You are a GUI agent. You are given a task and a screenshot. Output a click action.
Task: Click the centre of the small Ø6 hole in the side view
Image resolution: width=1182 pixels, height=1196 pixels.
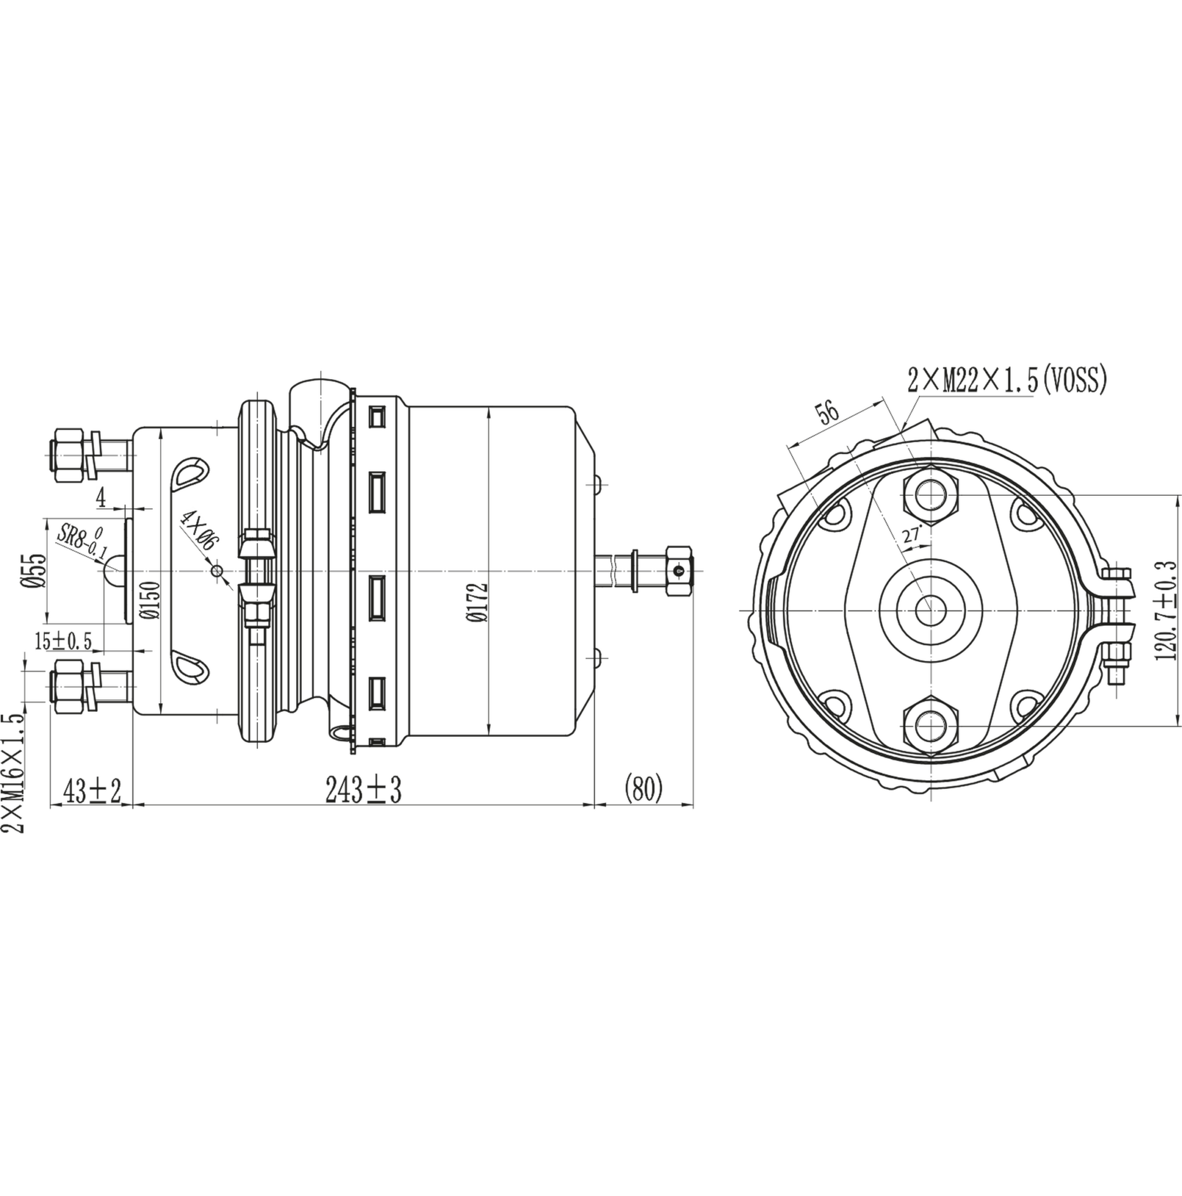(216, 571)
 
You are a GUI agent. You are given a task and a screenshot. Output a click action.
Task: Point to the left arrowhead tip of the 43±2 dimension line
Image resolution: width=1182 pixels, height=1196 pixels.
(50, 805)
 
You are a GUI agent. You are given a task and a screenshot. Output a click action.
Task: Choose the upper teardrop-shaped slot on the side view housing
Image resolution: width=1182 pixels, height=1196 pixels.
(188, 475)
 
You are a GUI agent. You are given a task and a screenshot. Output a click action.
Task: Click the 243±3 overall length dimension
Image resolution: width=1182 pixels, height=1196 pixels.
(363, 790)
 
